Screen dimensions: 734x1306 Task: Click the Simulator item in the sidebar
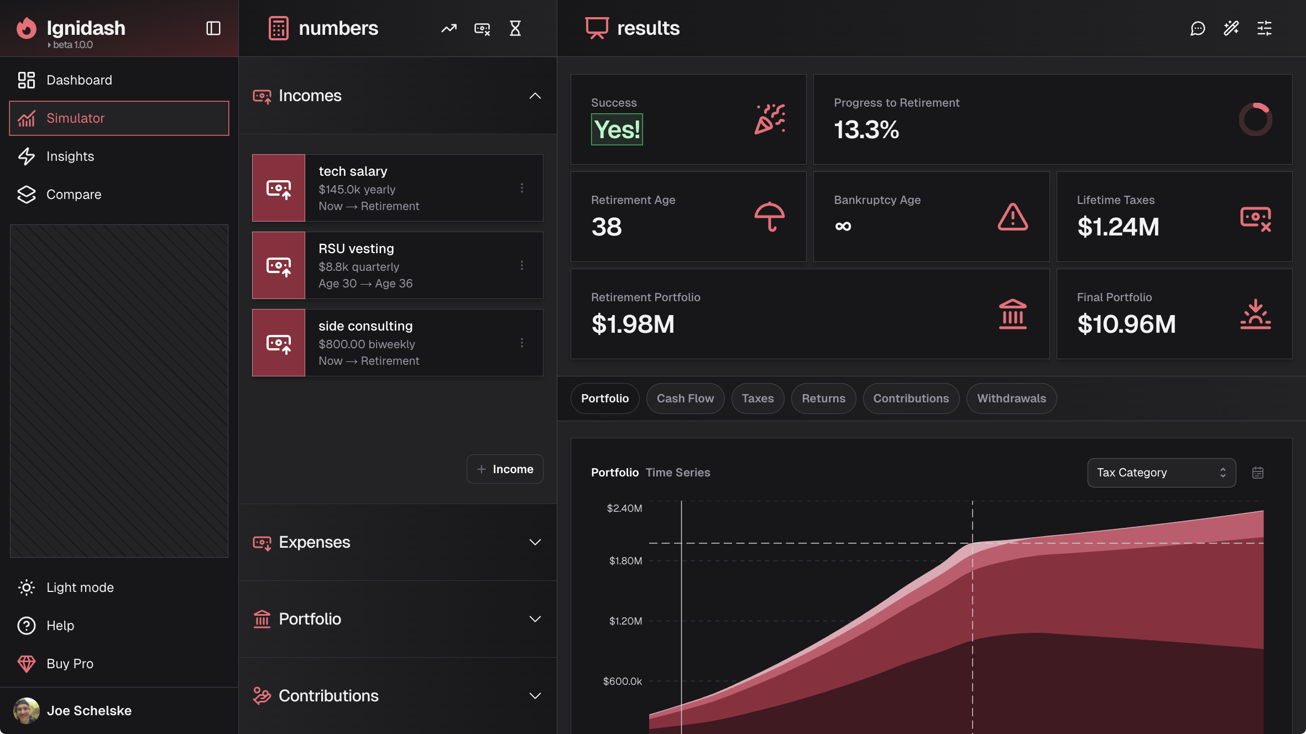click(119, 118)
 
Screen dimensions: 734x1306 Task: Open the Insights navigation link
click(70, 156)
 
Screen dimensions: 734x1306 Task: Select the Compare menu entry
click(74, 195)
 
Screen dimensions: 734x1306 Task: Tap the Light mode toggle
click(80, 588)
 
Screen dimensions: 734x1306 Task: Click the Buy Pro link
click(70, 664)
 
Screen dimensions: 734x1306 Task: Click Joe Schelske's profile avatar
click(27, 711)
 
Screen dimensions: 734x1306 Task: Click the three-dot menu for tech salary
click(521, 188)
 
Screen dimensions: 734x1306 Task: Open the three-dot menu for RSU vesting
click(521, 265)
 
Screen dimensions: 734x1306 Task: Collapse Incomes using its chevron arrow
click(535, 96)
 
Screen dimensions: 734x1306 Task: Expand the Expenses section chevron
click(535, 542)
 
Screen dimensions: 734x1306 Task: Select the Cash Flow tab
click(685, 399)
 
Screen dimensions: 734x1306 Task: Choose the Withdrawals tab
click(1011, 399)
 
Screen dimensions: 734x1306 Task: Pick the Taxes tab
click(758, 399)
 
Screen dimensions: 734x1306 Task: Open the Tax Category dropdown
click(1161, 473)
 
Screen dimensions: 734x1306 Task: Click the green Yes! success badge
click(617, 130)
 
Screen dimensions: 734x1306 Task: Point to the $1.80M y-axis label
click(625, 561)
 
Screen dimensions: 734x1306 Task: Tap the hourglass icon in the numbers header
click(515, 28)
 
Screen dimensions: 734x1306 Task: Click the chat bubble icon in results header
click(1198, 28)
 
